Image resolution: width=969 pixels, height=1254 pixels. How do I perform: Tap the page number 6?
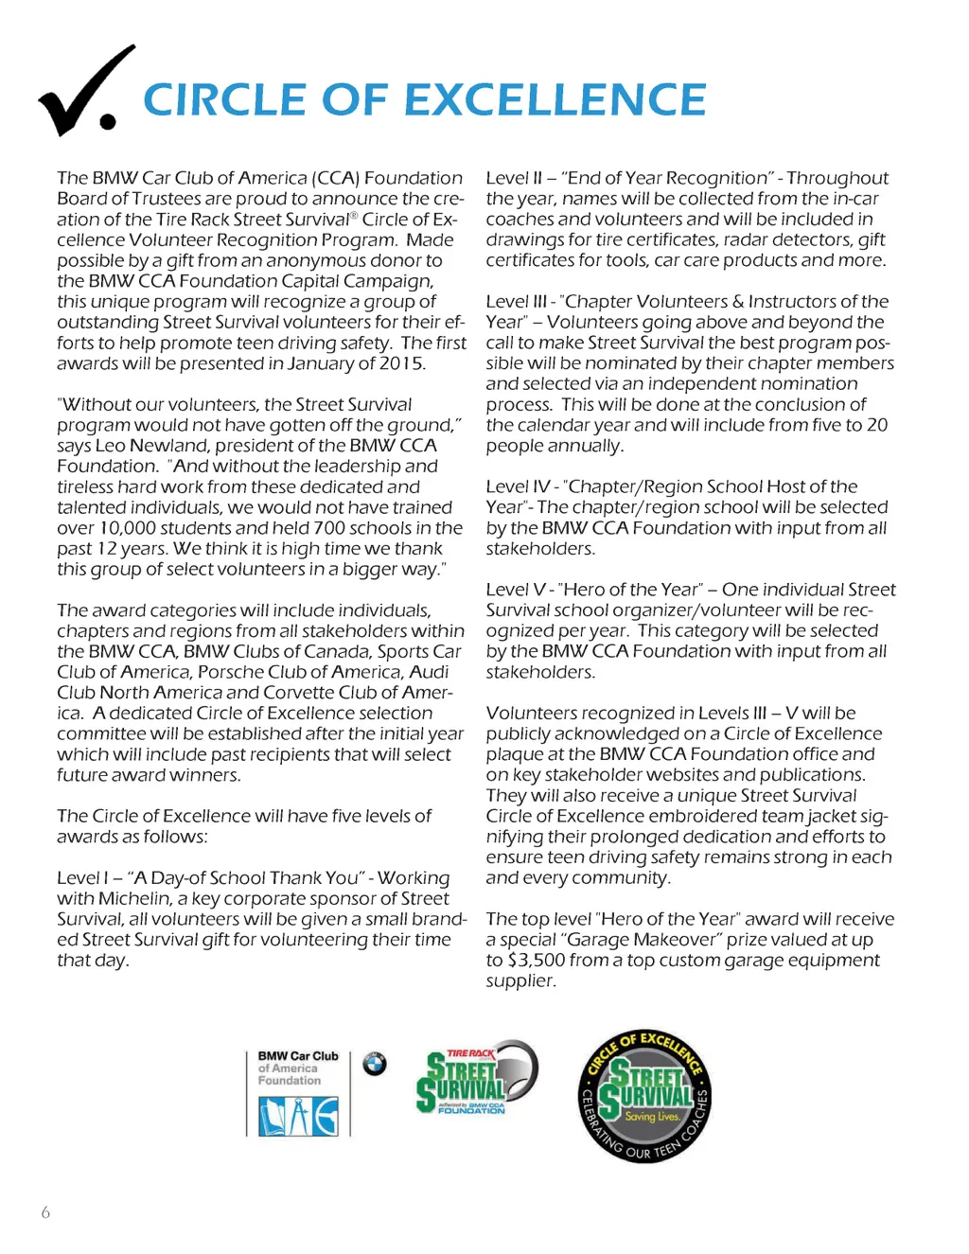(x=45, y=1212)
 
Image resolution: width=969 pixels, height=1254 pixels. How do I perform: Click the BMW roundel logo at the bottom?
(x=375, y=1064)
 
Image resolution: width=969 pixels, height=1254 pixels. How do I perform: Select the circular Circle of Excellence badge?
(x=644, y=1096)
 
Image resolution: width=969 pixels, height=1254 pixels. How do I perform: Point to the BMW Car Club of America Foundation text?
(x=297, y=1068)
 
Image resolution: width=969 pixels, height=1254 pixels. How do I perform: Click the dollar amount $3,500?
(x=537, y=961)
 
